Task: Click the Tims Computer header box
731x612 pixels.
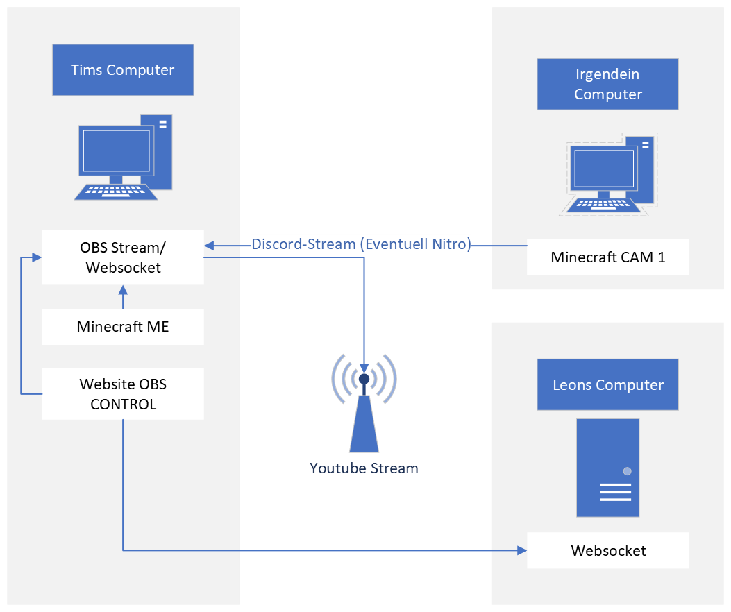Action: [123, 70]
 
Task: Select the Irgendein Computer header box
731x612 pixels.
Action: [607, 84]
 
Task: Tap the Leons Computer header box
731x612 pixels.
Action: [607, 384]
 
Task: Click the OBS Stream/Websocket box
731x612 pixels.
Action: [123, 257]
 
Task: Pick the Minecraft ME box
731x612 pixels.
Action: [123, 327]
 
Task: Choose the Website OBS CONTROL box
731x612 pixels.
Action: [123, 394]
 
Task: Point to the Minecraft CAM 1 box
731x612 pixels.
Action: [607, 257]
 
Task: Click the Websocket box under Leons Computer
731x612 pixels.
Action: [607, 550]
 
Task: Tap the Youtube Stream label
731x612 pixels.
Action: [364, 468]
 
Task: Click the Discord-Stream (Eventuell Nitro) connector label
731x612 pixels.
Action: [361, 244]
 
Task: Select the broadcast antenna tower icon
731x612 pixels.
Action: [364, 402]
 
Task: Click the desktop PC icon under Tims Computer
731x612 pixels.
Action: [123, 158]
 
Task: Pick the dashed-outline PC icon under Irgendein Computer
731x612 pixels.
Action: [608, 174]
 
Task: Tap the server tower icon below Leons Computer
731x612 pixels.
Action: [607, 468]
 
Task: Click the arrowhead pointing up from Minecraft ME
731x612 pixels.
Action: [123, 290]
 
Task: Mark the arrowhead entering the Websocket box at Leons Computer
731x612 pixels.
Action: [522, 550]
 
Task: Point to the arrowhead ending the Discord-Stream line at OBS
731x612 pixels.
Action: [210, 245]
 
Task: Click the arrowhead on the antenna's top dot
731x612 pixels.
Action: [364, 368]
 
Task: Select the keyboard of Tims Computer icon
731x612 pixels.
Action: [116, 192]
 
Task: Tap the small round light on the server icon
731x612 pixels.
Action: [628, 471]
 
